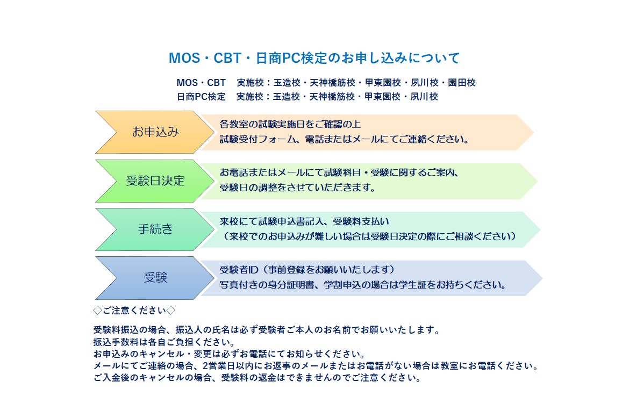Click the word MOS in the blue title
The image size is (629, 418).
coord(184,58)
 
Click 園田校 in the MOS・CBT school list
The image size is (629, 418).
coord(462,83)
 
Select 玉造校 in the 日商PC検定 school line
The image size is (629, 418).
coord(287,97)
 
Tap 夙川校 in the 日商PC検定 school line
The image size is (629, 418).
coord(424,97)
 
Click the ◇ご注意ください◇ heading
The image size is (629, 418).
coord(134,310)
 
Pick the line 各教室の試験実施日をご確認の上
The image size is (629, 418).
coord(290,124)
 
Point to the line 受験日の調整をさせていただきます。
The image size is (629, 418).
coord(297,188)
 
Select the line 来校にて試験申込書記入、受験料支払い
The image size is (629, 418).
coord(304,221)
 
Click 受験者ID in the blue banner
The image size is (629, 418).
coord(239,270)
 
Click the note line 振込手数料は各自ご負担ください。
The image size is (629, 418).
coord(164,342)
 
